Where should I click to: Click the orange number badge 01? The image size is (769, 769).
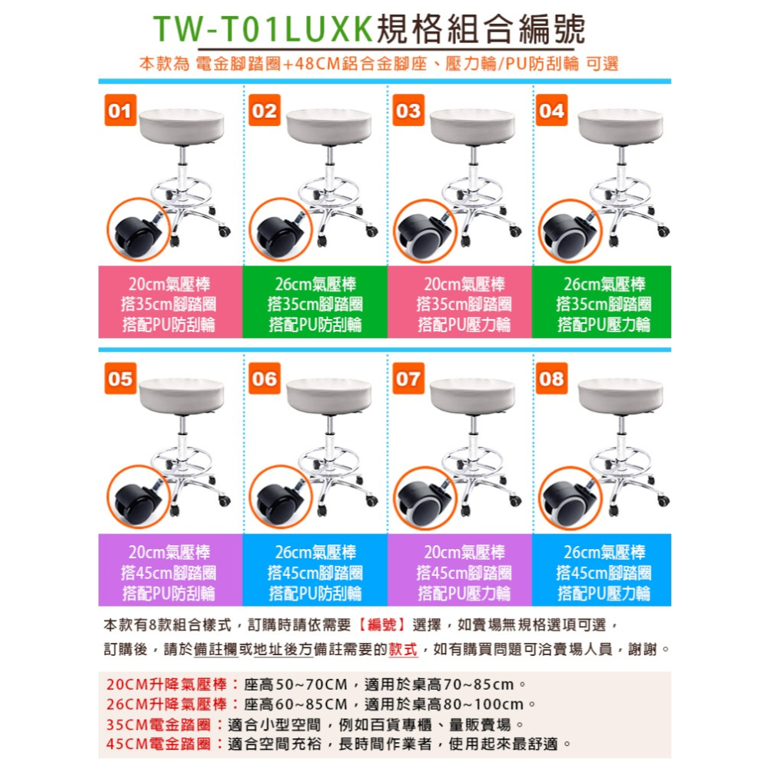(119, 111)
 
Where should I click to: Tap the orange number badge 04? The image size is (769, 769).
(551, 111)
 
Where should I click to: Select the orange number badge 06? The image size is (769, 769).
(264, 379)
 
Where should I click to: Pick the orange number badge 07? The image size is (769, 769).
(408, 379)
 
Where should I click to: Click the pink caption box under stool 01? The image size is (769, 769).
(170, 303)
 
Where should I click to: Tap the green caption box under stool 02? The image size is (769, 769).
(315, 303)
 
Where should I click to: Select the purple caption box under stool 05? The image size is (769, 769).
(170, 572)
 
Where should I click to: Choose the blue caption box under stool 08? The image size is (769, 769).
(604, 572)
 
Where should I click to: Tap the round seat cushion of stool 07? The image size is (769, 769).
(473, 393)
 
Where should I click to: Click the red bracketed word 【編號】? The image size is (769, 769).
(382, 624)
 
